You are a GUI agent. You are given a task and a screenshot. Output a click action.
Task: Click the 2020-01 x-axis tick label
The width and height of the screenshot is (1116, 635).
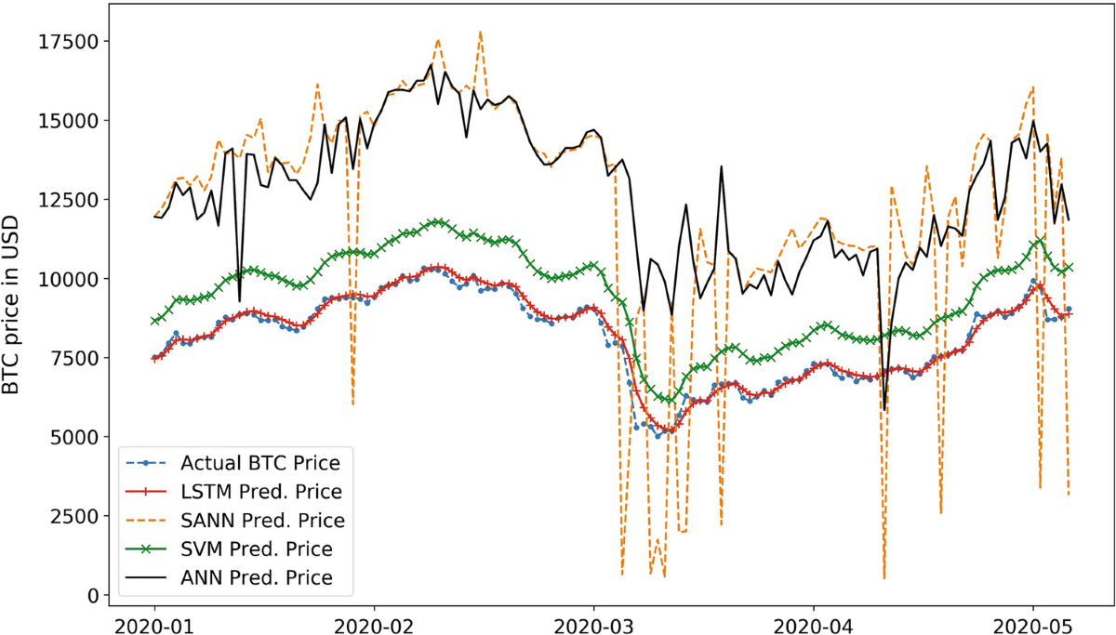(154, 620)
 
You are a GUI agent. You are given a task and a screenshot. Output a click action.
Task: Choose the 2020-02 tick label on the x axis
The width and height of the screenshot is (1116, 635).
(373, 620)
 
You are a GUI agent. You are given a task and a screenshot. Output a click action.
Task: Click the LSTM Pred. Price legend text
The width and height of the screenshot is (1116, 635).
(262, 491)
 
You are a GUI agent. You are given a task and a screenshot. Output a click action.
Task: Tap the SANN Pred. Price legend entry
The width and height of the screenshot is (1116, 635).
(263, 520)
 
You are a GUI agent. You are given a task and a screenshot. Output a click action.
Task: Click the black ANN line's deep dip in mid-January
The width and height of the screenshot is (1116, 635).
(240, 300)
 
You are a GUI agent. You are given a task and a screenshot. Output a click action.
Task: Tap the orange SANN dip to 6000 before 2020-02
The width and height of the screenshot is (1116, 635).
(352, 403)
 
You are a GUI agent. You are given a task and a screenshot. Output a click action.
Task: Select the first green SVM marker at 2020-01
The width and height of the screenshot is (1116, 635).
(154, 321)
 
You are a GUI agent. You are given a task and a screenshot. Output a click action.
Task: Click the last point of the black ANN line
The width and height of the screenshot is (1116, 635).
(1069, 220)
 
